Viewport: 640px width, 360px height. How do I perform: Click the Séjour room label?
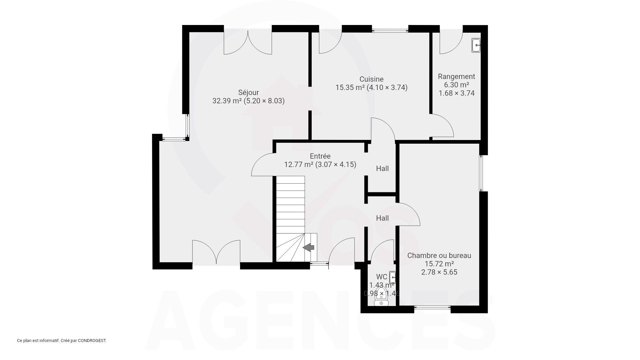[x=248, y=92]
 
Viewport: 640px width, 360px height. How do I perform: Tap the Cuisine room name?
[x=371, y=79]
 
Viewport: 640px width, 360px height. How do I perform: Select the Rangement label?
[x=456, y=77]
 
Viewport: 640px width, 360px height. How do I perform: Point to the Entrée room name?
[x=320, y=156]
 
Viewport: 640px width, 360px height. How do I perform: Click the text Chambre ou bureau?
[x=439, y=256]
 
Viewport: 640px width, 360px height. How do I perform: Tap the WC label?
[x=381, y=277]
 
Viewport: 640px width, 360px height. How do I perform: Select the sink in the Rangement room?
[x=476, y=45]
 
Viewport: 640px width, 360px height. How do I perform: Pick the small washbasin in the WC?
[x=393, y=277]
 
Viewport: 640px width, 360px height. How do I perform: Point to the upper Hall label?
[x=382, y=169]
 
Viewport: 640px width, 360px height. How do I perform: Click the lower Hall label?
[x=382, y=218]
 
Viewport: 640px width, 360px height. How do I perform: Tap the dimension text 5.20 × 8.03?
[x=264, y=101]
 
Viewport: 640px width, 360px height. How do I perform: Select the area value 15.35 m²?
[x=350, y=88]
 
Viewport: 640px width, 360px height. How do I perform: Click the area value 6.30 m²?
[x=456, y=85]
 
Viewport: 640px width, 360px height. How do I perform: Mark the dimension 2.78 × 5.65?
[x=439, y=272]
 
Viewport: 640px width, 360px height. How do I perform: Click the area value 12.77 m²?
[x=298, y=164]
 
